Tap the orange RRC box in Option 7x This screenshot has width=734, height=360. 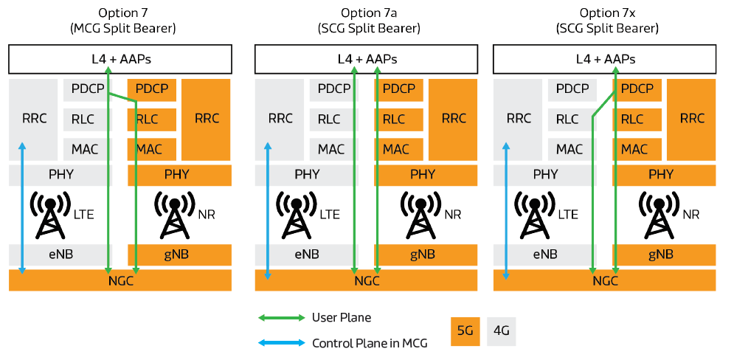692,118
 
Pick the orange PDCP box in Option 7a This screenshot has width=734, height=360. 399,89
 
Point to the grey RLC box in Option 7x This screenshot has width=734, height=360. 568,119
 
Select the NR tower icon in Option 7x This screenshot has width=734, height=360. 658,214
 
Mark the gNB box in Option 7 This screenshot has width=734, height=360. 180,255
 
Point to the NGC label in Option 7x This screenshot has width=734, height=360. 605,280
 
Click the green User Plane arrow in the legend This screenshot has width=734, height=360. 280,318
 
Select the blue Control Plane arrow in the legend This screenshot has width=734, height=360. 280,343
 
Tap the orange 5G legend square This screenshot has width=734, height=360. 465,331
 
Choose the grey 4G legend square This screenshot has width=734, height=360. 501,331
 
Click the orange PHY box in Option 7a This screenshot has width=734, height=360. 423,175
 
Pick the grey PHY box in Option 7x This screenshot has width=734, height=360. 546,175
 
